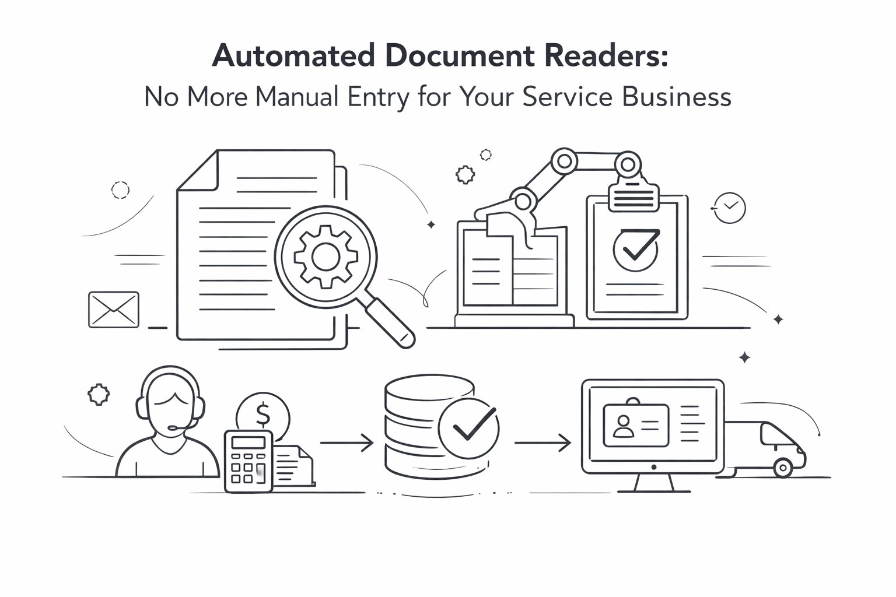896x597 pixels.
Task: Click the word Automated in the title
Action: [x=293, y=57]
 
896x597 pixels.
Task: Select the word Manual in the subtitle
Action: [x=297, y=97]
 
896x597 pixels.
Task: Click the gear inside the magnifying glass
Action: [x=325, y=256]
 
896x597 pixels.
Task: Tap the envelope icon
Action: [x=114, y=310]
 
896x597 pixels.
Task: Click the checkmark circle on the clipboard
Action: [x=636, y=249]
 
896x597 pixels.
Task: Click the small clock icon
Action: [x=730, y=207]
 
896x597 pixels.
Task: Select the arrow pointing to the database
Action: [x=346, y=443]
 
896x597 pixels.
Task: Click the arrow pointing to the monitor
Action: [x=542, y=443]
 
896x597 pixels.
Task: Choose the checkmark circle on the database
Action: [x=469, y=429]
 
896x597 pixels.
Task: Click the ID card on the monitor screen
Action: [x=636, y=425]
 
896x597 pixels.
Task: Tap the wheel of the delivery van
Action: [x=782, y=467]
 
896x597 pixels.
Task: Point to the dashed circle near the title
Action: [x=120, y=189]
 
